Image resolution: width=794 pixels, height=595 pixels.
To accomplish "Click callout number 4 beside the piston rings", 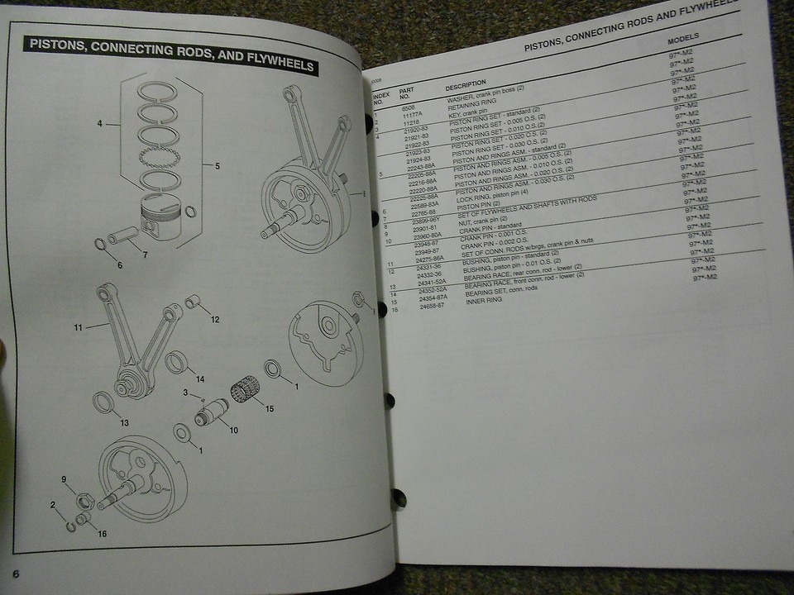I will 99,124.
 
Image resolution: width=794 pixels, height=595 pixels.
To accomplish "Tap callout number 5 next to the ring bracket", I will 218,166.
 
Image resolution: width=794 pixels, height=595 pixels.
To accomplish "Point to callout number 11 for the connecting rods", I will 79,328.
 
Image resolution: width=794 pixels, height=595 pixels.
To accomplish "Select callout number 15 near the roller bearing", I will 266,407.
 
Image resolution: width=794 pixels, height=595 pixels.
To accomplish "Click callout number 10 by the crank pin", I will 233,430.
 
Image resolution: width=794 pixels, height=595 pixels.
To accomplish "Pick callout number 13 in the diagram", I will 124,423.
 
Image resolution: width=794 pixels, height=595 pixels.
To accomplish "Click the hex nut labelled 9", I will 84,501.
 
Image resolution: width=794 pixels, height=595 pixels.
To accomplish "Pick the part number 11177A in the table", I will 411,115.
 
